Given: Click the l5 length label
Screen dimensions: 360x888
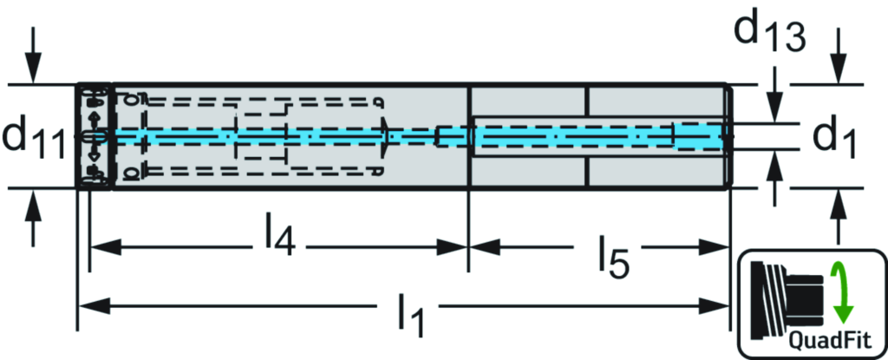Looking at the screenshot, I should (x=613, y=257).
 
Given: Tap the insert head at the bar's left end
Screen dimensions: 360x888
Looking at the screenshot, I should (x=95, y=135).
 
